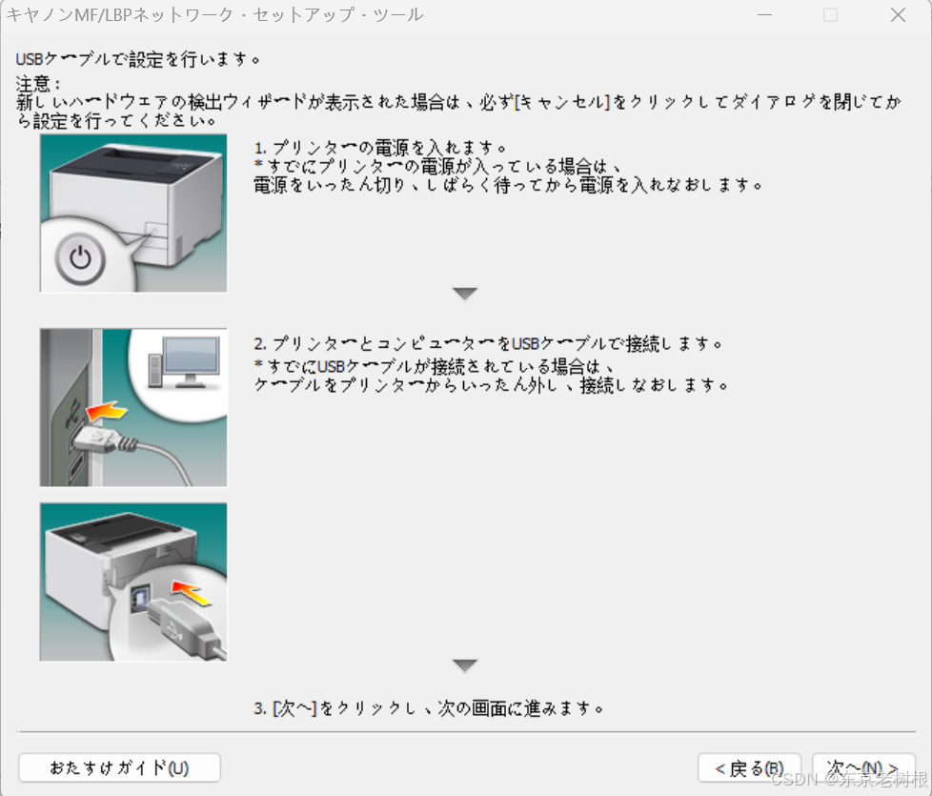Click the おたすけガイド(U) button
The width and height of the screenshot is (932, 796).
119,768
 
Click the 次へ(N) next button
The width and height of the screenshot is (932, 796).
863,768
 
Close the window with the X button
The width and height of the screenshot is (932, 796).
898,15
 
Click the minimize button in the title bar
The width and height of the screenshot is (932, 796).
765,15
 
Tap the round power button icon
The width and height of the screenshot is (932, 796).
80,259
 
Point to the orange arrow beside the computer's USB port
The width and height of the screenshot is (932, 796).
107,410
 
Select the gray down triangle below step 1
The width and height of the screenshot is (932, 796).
465,294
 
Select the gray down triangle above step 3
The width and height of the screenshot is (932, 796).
465,665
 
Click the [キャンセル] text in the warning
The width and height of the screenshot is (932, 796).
562,102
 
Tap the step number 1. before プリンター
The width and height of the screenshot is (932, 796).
260,148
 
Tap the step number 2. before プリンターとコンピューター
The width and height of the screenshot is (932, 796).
260,343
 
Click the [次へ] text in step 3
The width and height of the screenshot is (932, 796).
294,708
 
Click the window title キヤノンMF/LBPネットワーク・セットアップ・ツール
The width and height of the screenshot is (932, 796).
215,14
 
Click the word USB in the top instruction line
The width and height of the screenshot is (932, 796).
30,59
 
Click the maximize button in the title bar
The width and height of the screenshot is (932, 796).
830,15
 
